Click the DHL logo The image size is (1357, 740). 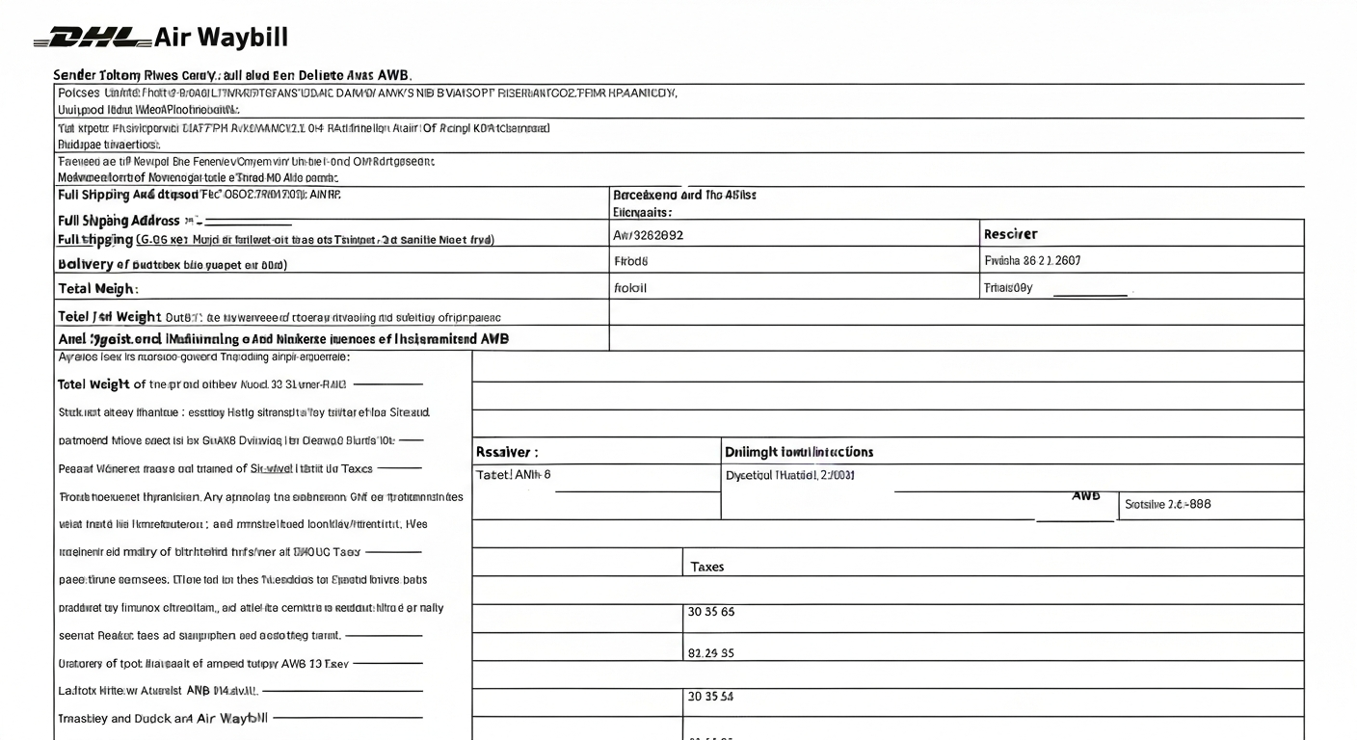(x=93, y=39)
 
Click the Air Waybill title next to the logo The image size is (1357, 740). (x=221, y=39)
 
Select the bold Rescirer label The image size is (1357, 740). (x=1010, y=234)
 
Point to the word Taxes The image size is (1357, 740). (x=707, y=568)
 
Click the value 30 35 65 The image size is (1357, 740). (x=711, y=612)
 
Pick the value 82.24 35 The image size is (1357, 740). (x=711, y=653)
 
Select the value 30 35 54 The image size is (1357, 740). (x=710, y=696)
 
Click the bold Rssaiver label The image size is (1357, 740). (x=507, y=452)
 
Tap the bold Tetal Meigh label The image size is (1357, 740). (x=97, y=288)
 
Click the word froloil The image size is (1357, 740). (x=630, y=287)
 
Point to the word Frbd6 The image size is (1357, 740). (x=631, y=260)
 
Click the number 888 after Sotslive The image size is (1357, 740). (x=1197, y=504)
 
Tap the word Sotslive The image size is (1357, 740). (x=1146, y=504)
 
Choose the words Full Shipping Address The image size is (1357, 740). (x=120, y=221)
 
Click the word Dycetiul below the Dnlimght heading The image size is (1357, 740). (x=750, y=475)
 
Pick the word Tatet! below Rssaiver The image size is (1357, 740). (x=493, y=475)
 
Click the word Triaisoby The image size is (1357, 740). (x=1008, y=287)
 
